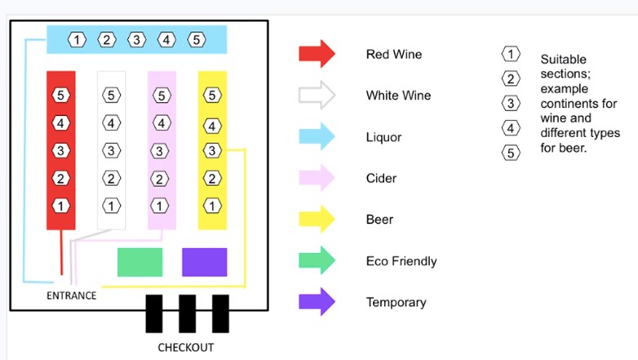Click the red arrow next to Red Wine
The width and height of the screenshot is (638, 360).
[x=317, y=54]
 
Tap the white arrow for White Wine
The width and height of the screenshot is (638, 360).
[x=317, y=96]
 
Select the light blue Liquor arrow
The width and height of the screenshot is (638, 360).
[x=317, y=137]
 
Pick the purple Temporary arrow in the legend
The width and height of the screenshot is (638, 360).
[x=317, y=302]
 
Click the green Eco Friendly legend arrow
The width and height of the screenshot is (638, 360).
[x=317, y=261]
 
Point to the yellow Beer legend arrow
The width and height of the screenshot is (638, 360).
[x=317, y=220]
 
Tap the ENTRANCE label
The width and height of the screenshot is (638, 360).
[x=71, y=296]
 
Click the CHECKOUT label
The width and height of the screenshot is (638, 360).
[x=186, y=348]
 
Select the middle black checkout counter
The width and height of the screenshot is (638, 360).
[x=187, y=314]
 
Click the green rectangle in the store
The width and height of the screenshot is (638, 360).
[x=140, y=262]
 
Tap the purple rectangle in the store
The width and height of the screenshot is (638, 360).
[x=204, y=262]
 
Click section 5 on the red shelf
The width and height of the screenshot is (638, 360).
[x=61, y=96]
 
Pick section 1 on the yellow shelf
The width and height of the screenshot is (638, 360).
[x=212, y=206]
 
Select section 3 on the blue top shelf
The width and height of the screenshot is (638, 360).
[x=137, y=39]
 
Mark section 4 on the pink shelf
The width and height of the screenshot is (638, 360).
[x=162, y=123]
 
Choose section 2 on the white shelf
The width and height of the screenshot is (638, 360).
[x=111, y=179]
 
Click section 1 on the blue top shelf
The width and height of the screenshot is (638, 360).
[x=77, y=39]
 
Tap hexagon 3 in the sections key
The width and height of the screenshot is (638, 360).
[x=511, y=103]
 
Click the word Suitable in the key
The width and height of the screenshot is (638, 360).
[x=563, y=60]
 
